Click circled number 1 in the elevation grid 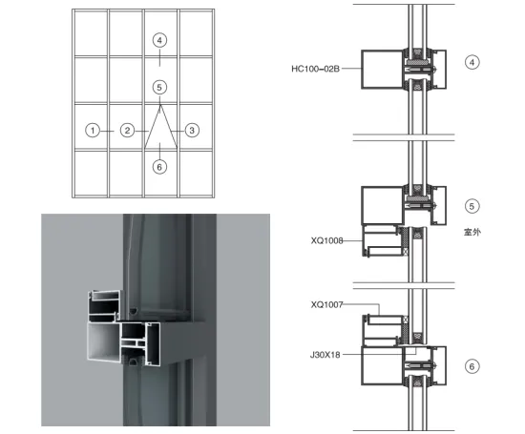tap(92, 130)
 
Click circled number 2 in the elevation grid tap(127, 130)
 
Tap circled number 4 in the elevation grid tap(159, 40)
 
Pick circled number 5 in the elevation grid tap(159, 87)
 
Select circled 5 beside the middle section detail tap(472, 205)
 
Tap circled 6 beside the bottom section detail tap(472, 366)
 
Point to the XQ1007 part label tap(327, 305)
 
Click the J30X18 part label tap(327, 352)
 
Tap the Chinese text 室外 tap(473, 231)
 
